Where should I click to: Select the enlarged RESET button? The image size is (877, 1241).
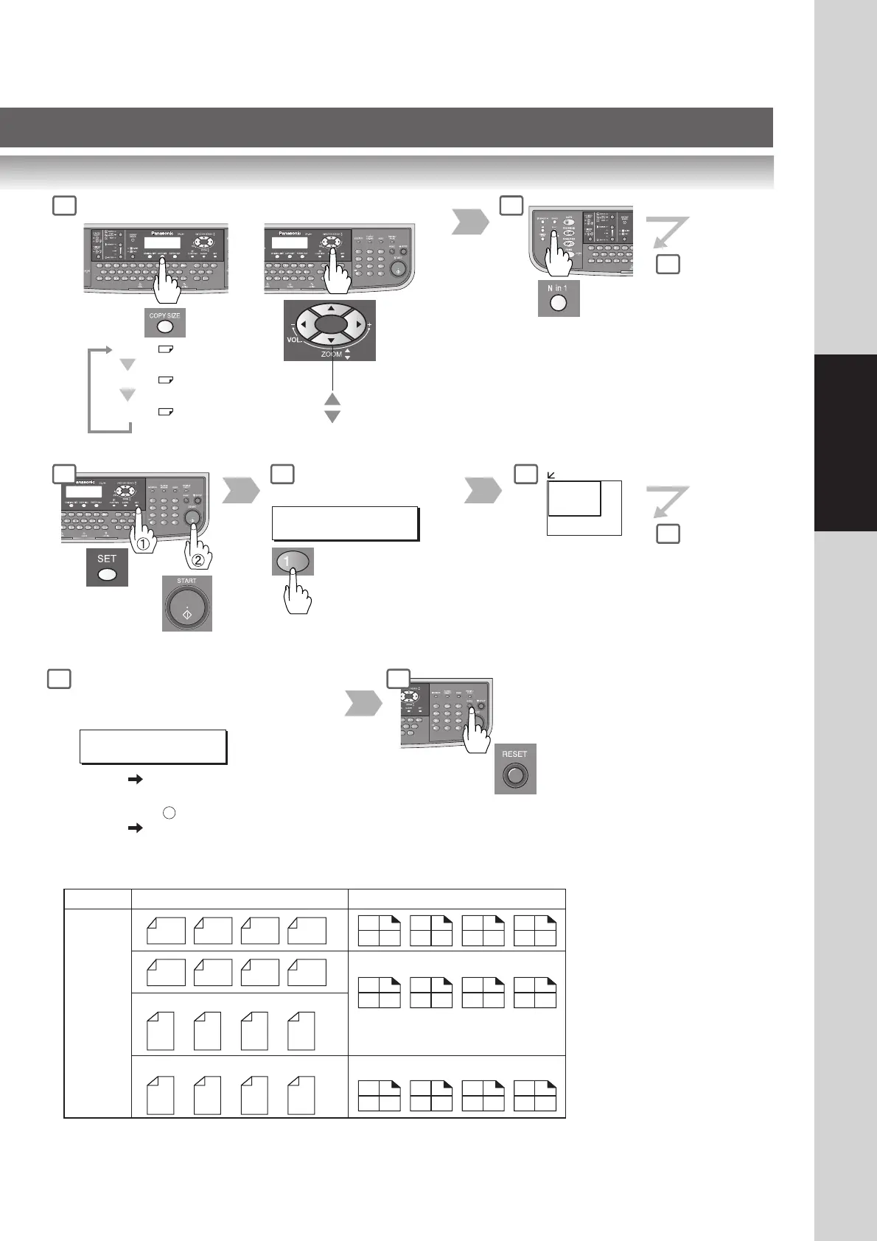(515, 775)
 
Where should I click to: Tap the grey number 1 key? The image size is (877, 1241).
(292, 562)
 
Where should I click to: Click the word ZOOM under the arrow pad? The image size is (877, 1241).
(331, 354)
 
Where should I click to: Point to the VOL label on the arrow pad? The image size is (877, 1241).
(293, 340)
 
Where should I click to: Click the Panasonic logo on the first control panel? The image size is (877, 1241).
(153, 232)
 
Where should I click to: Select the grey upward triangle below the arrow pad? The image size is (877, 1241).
(332, 399)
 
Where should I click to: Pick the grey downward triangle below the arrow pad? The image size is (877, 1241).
(332, 417)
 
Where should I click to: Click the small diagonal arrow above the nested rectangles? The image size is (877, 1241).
(551, 475)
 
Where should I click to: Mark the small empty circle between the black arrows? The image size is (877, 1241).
(169, 814)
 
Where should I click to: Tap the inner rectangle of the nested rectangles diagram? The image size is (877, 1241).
(574, 499)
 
